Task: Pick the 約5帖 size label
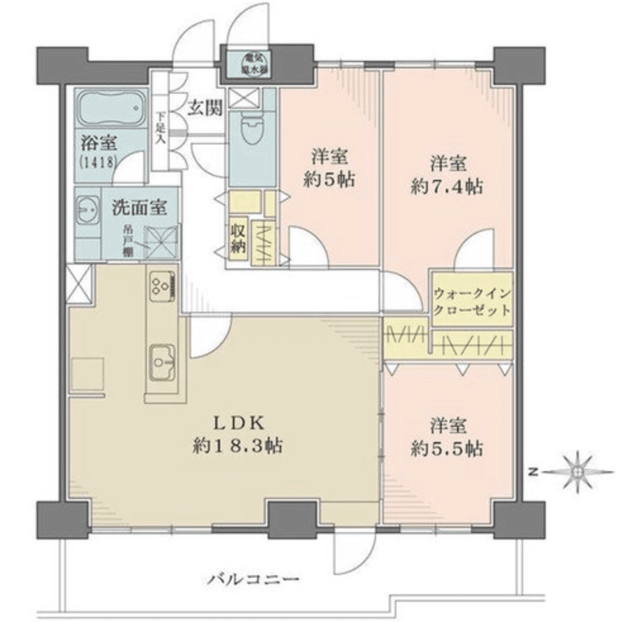point(328,180)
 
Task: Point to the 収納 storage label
point(238,238)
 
